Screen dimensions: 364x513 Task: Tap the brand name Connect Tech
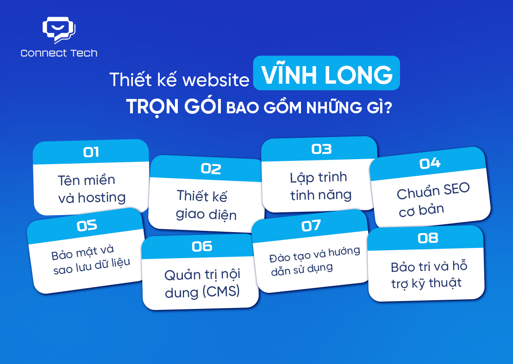(x=59, y=53)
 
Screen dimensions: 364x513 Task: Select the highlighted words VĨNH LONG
(x=326, y=74)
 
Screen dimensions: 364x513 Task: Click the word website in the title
(x=216, y=80)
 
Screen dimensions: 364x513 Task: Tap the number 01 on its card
(x=91, y=152)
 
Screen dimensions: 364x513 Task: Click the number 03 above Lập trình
(x=321, y=149)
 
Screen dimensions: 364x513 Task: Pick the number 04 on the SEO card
(x=430, y=163)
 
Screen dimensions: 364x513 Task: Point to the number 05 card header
(x=87, y=225)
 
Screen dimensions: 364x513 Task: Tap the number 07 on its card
(x=311, y=225)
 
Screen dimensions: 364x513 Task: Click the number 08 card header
(x=427, y=238)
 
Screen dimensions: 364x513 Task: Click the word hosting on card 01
(x=102, y=197)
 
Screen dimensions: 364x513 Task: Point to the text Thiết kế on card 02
(x=201, y=196)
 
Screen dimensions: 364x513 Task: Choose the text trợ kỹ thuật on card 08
(x=426, y=282)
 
